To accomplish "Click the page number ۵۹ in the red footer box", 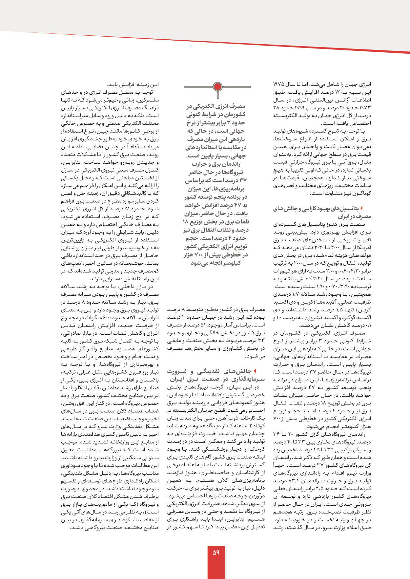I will (x=216, y=552).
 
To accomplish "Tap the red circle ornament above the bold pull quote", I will (x=217, y=87).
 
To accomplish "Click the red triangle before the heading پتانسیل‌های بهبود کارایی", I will (x=361, y=208).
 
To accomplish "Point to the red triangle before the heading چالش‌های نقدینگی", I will (x=255, y=371).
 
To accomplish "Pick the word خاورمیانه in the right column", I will (x=295, y=520).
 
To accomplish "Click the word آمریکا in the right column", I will (x=364, y=248).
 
